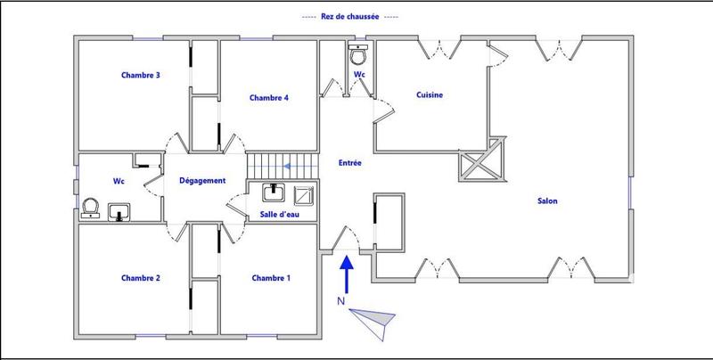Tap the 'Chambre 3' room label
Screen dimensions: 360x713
click(x=141, y=76)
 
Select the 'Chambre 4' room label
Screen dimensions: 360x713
click(x=269, y=98)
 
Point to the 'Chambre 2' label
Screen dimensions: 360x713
click(x=141, y=278)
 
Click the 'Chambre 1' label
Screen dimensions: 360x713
click(x=271, y=278)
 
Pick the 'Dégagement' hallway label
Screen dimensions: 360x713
click(x=202, y=181)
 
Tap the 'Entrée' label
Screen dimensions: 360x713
click(x=349, y=163)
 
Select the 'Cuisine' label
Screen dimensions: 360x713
click(x=430, y=94)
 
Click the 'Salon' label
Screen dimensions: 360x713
click(x=547, y=201)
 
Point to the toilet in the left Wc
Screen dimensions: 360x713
click(x=88, y=208)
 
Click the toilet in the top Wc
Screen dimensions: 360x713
click(x=359, y=55)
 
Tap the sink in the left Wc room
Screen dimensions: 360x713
click(x=120, y=212)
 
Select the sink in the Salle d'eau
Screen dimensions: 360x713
click(x=273, y=192)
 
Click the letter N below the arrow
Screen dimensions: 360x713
click(x=340, y=301)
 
